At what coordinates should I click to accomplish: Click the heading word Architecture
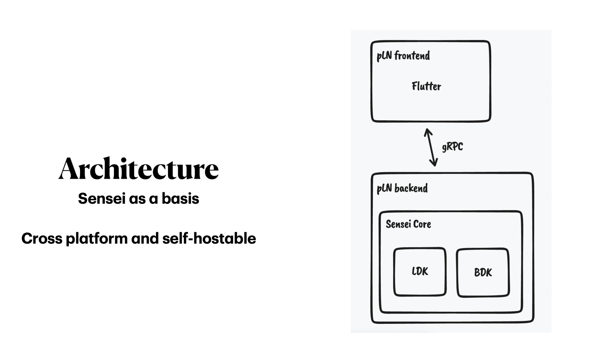tap(139, 169)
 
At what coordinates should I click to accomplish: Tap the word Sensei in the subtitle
tap(101, 199)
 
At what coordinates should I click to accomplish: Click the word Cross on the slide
tap(42, 239)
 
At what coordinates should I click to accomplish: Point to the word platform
tap(97, 239)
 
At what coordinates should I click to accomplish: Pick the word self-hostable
tap(209, 239)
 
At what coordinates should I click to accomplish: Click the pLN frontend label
tap(403, 56)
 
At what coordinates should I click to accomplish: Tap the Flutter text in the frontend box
tap(426, 86)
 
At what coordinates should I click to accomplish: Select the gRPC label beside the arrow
tap(452, 147)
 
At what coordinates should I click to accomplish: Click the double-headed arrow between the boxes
tap(431, 147)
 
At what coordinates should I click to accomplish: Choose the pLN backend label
tap(402, 188)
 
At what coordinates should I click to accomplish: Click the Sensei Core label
tap(408, 224)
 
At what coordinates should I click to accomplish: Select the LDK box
tap(420, 272)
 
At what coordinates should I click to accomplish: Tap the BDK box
tap(483, 272)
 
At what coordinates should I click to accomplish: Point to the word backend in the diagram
tap(411, 188)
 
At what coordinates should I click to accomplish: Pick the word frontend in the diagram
tap(412, 56)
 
